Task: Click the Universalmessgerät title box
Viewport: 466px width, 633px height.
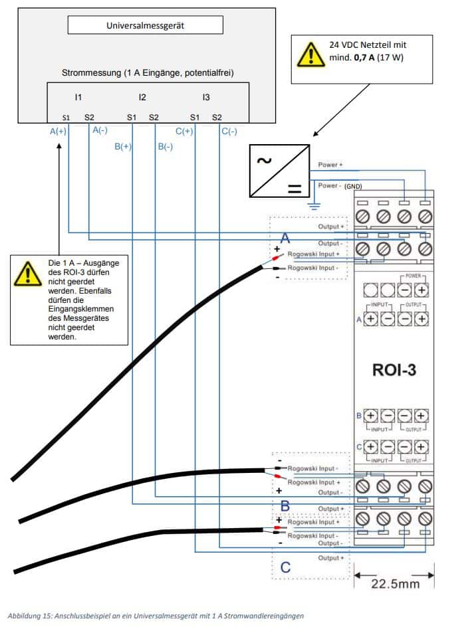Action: (145, 26)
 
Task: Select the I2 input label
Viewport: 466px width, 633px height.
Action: (142, 98)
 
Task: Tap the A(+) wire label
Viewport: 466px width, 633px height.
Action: (58, 132)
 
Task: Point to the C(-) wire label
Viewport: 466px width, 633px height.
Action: (229, 132)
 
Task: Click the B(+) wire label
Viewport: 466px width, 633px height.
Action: (123, 147)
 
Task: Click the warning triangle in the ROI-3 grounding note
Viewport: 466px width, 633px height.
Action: (27, 273)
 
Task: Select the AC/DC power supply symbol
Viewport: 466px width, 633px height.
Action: (280, 170)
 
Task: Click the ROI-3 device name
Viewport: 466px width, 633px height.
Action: (394, 370)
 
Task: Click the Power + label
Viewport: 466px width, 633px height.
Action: (330, 165)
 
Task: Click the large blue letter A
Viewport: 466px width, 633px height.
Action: (285, 238)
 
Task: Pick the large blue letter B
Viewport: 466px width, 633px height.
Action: (285, 506)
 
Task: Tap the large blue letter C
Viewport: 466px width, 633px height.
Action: (285, 567)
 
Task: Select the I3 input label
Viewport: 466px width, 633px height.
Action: (206, 98)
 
